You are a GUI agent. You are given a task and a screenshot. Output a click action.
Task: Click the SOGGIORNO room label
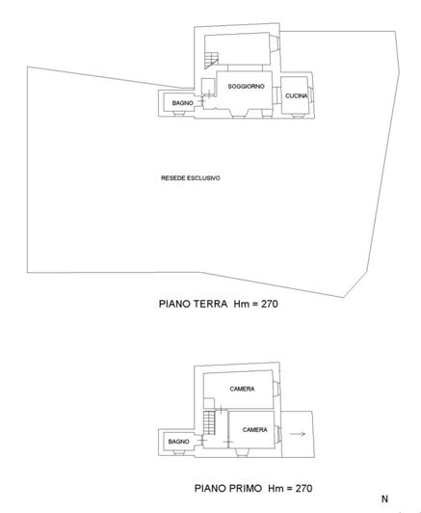tap(246, 87)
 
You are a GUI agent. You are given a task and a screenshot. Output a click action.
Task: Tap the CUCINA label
tap(296, 95)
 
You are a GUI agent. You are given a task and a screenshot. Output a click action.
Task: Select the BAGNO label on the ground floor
tap(183, 103)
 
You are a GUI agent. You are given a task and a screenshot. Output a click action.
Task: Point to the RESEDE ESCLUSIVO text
tap(191, 178)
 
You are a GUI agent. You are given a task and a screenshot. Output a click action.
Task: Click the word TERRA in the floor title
tap(211, 304)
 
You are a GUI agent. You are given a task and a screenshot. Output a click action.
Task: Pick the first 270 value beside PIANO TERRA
tap(270, 304)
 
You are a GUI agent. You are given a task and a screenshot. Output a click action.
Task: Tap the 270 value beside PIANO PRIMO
tap(304, 488)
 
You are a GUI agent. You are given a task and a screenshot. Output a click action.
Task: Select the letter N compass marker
tap(384, 499)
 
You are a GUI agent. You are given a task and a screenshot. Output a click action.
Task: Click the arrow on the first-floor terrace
tap(298, 434)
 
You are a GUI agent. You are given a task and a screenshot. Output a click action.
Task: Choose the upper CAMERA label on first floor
tap(242, 389)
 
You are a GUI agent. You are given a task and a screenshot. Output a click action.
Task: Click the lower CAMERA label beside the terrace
tap(255, 429)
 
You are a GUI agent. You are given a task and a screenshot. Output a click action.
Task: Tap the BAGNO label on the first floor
tap(179, 442)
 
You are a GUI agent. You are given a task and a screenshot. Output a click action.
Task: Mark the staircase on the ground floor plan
tap(212, 61)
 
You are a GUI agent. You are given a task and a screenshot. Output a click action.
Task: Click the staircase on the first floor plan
tap(209, 423)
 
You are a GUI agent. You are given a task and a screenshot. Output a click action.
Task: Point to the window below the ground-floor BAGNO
tap(179, 114)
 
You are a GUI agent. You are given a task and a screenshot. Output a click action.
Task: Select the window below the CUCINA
tap(297, 116)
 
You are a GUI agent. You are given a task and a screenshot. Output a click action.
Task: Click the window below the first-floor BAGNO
tap(179, 452)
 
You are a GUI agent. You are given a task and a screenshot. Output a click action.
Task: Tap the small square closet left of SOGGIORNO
tap(207, 87)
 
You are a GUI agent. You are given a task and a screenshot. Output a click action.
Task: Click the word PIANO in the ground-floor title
tap(175, 304)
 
